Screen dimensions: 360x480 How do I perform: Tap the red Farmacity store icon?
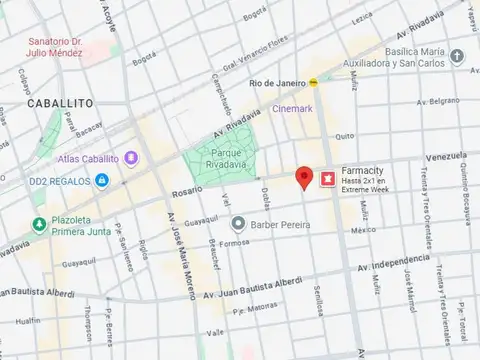tap(326, 179)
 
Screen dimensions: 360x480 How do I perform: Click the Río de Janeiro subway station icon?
tap(314, 82)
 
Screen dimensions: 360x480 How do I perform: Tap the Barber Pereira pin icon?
tap(237, 223)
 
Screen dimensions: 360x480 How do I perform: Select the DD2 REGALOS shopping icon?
tap(101, 181)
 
